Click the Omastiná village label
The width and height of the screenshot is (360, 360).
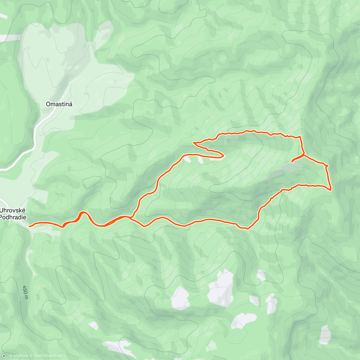pyautogui.click(x=59, y=104)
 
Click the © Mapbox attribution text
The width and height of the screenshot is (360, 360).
pyautogui.click(x=19, y=356)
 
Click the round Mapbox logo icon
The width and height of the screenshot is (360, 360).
pyautogui.click(x=4, y=356)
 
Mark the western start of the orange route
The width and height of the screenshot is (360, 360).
pyautogui.click(x=29, y=226)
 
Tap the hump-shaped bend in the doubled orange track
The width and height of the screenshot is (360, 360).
pyautogui.click(x=83, y=213)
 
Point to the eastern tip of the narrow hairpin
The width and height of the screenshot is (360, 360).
pyautogui.click(x=224, y=155)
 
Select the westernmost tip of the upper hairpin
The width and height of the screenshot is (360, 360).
pyautogui.click(x=194, y=143)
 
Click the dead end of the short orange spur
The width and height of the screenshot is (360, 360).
pyautogui.click(x=292, y=162)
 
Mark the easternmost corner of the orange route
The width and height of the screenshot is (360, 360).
pyautogui.click(x=330, y=190)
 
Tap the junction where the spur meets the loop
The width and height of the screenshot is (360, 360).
pyautogui.click(x=304, y=155)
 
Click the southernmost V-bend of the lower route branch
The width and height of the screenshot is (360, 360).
pyautogui.click(x=247, y=229)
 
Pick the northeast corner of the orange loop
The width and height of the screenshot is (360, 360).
pyautogui.click(x=300, y=137)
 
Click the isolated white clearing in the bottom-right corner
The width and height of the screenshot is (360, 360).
pyautogui.click(x=325, y=334)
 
